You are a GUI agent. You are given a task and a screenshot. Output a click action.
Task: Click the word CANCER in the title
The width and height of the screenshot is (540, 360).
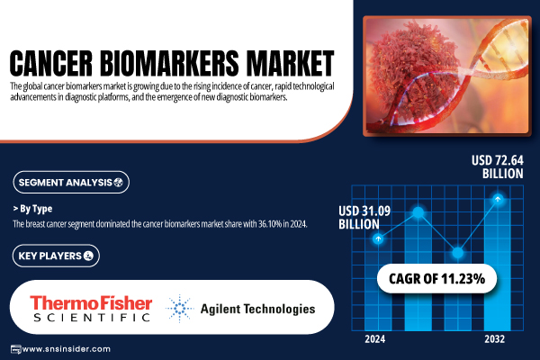[x=51, y=63]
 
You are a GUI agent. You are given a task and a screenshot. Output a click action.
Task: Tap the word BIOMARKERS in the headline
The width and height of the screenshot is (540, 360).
[x=169, y=63]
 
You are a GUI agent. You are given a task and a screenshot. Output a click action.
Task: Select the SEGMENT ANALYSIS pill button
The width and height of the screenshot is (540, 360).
[x=71, y=182]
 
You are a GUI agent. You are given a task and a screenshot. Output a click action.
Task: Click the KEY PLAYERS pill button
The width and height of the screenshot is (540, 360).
[x=56, y=256]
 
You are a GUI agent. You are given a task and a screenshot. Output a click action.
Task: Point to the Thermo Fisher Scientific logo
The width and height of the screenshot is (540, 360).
[x=91, y=309]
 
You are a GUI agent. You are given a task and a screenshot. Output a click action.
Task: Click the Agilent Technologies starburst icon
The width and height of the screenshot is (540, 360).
[x=179, y=309]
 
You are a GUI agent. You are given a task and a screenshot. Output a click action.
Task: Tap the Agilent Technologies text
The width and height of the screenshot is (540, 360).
[x=257, y=309]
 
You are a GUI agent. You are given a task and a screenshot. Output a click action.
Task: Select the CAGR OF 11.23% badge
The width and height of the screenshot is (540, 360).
[x=436, y=279]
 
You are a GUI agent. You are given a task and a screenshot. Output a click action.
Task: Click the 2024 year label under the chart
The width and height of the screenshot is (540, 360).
[x=375, y=339]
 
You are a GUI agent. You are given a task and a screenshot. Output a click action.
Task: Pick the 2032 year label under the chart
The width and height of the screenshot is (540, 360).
[x=494, y=339]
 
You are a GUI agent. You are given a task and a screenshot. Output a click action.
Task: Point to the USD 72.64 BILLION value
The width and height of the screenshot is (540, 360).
[x=498, y=167]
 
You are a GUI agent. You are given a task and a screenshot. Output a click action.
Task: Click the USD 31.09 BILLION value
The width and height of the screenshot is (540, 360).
[x=364, y=218]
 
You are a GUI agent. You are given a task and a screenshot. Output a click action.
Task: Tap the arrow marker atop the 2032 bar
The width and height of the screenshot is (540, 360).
[x=498, y=199]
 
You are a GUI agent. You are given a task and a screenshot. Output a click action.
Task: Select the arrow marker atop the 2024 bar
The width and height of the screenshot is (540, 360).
[x=378, y=238]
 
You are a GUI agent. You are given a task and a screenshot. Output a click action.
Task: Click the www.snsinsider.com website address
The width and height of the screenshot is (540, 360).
[x=67, y=349]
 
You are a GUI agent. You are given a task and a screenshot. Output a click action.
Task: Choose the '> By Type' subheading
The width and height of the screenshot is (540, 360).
[x=32, y=209]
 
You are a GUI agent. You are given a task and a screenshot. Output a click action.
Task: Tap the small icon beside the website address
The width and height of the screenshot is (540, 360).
[x=16, y=349]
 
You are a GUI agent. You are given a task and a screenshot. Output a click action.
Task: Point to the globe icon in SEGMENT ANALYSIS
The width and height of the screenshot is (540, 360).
[x=119, y=182]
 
